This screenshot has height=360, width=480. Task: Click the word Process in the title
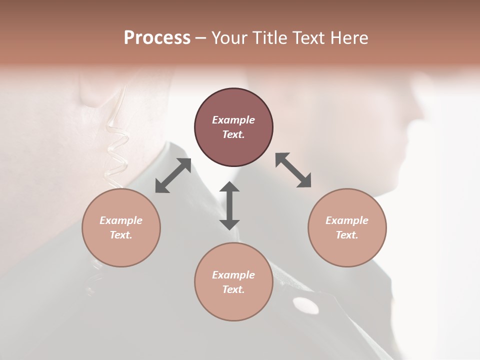157,38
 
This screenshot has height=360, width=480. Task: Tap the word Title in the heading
269,38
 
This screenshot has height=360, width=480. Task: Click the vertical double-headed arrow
229,205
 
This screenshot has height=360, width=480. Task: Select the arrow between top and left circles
173,175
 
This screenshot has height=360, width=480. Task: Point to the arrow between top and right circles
293,170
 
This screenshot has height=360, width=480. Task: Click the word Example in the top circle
233,120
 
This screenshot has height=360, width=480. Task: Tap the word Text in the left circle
121,235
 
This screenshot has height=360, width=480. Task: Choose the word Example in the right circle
347,220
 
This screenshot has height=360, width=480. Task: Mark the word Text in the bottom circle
233,289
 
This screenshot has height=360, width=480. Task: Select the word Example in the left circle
121,220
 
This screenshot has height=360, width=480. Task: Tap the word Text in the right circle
347,235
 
